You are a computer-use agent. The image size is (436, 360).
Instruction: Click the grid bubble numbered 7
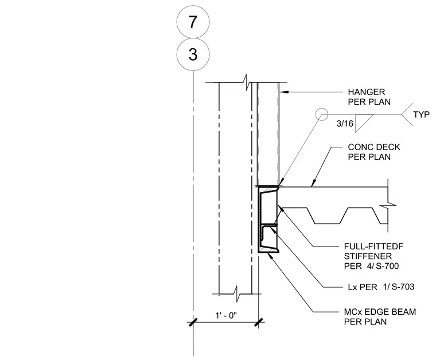click(x=193, y=22)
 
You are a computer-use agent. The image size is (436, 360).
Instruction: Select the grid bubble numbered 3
click(x=193, y=54)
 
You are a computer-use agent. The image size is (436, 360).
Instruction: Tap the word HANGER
click(x=366, y=92)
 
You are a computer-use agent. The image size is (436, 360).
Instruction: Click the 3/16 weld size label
click(x=345, y=123)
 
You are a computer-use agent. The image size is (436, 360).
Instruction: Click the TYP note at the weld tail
click(x=421, y=115)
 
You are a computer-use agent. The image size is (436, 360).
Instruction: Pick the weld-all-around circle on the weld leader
click(x=322, y=114)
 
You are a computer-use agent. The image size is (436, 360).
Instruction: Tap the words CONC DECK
click(x=374, y=147)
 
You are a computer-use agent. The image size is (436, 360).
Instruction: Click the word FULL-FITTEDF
click(x=373, y=246)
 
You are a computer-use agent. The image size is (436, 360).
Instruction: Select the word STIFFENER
click(x=368, y=256)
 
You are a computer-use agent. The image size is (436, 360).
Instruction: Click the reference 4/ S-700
click(x=383, y=266)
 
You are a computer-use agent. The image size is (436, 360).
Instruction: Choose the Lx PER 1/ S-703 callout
click(x=381, y=287)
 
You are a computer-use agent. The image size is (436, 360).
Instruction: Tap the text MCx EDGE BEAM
click(x=380, y=312)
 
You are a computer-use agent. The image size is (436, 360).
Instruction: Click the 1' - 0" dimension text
click(x=226, y=315)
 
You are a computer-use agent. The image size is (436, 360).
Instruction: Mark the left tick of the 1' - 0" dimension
click(x=193, y=322)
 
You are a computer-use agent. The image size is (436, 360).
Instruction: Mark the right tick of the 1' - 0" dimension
click(x=259, y=322)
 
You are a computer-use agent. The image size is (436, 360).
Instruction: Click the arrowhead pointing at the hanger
click(x=283, y=92)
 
